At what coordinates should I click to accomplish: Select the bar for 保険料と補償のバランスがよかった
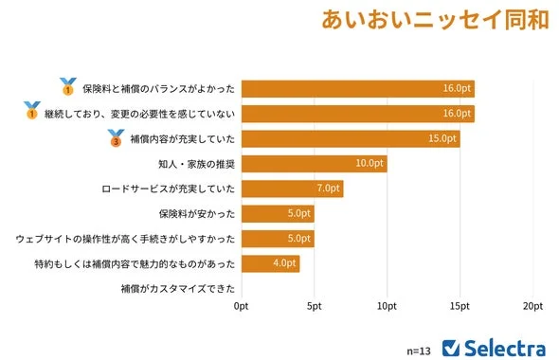[x=357, y=89]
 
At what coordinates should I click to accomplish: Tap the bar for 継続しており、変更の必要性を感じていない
[x=357, y=114]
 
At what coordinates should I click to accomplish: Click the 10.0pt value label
[x=370, y=164]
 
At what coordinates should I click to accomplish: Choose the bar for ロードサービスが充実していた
[x=292, y=189]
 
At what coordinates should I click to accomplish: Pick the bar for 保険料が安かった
[x=278, y=213]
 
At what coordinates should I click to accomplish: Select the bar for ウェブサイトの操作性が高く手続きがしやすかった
[x=278, y=238]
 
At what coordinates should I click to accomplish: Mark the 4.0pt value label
[x=284, y=263]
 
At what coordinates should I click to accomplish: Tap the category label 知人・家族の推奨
[x=194, y=164]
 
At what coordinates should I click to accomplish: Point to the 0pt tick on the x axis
[x=242, y=307]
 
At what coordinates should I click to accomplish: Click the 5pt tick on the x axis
[x=314, y=307]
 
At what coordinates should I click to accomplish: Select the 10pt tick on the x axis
[x=387, y=307]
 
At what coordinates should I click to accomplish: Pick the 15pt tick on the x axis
[x=460, y=307]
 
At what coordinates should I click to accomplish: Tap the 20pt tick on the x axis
[x=532, y=307]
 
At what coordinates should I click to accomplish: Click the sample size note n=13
[x=418, y=350]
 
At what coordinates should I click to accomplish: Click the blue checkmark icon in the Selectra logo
[x=452, y=347]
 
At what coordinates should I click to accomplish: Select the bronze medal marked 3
[x=117, y=139]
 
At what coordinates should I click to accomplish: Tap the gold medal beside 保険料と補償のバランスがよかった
[x=67, y=88]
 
